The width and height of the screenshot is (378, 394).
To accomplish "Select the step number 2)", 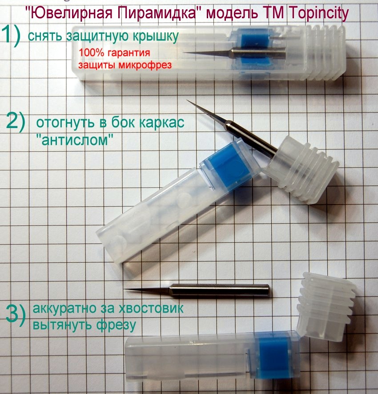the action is (x=16, y=122).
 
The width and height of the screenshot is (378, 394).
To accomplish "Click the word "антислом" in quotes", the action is (x=75, y=140).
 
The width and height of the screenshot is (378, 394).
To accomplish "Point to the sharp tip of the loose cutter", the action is (x=125, y=289).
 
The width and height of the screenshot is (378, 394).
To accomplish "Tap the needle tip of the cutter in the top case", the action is (x=185, y=52).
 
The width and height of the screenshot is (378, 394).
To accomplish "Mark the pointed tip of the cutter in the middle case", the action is (x=187, y=101).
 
